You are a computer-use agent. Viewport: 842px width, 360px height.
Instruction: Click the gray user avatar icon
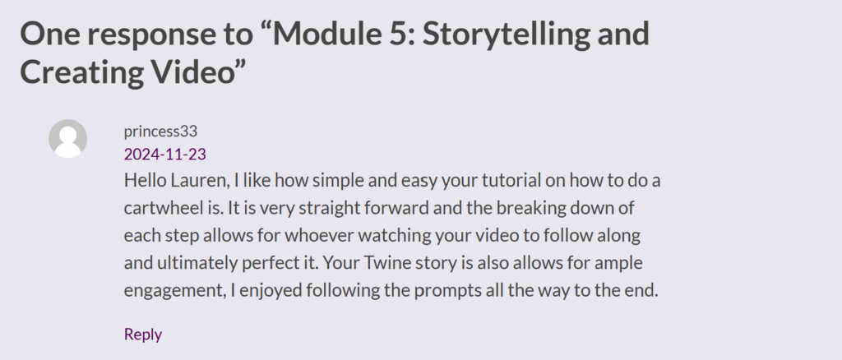coord(67,138)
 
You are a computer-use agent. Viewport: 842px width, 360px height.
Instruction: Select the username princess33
coord(160,132)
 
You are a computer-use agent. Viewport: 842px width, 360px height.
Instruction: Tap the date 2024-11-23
coord(164,155)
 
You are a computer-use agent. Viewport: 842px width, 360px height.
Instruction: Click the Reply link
coord(143,335)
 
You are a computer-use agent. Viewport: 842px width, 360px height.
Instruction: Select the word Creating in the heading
coord(81,72)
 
